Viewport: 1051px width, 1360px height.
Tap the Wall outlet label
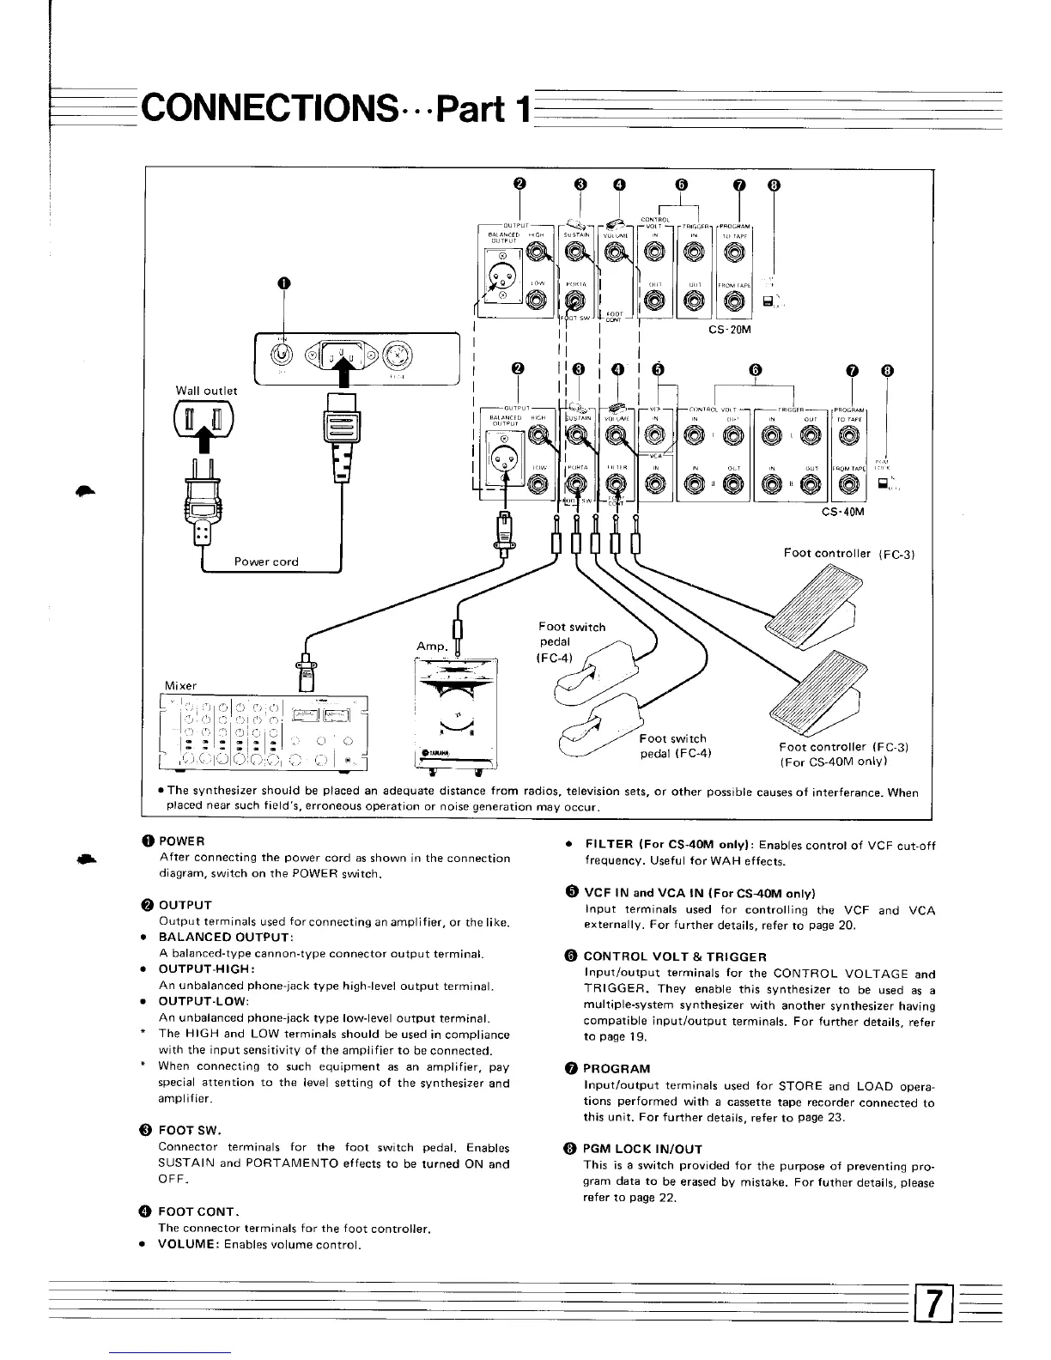207,391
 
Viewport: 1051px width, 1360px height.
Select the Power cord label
266,562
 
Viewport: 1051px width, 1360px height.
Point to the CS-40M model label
844,512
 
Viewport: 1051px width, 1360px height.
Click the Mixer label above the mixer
180,686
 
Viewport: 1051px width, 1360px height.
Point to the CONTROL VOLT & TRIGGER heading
675,956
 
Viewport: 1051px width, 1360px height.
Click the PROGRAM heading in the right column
617,1069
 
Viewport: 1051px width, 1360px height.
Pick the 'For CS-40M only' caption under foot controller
832,762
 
